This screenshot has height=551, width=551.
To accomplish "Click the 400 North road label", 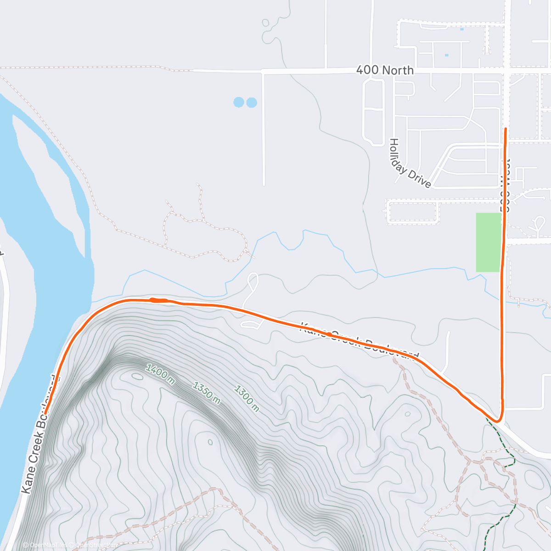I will pyautogui.click(x=385, y=70).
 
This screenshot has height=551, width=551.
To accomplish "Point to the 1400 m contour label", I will pyautogui.click(x=160, y=374).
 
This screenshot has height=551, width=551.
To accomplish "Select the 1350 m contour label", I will pyautogui.click(x=206, y=393).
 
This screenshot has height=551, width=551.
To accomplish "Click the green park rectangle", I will pyautogui.click(x=488, y=242).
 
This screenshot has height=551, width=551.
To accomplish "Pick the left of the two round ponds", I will pyautogui.click(x=239, y=102).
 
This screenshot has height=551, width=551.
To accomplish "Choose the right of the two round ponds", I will pyautogui.click(x=252, y=102).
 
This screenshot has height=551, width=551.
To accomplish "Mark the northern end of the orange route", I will pyautogui.click(x=506, y=129).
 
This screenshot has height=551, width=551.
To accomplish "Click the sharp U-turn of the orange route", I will pyautogui.click(x=498, y=420).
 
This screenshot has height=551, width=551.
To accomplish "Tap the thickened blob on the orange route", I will pyautogui.click(x=159, y=300).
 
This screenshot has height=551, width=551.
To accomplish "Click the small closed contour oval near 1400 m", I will pyautogui.click(x=137, y=377).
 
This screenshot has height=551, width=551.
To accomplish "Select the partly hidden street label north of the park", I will pyautogui.click(x=506, y=186).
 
